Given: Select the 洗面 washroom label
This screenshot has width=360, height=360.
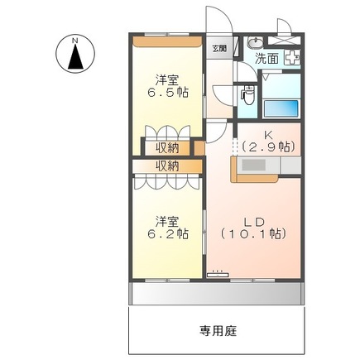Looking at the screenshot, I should [x=266, y=59].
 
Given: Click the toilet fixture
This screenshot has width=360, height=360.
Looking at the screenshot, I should [x=247, y=97].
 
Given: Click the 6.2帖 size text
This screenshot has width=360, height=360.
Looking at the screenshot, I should [x=168, y=234].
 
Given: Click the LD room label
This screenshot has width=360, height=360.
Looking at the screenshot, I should [x=253, y=220].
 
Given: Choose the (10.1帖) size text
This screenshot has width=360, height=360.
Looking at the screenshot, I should [x=253, y=233].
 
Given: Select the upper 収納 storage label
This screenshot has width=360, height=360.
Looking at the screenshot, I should [x=167, y=148].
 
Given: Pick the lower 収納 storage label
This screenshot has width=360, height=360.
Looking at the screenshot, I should [x=167, y=166].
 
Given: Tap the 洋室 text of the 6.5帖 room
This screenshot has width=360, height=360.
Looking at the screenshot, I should [x=168, y=80].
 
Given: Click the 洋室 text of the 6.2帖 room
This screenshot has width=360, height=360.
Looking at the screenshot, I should [x=168, y=221].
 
